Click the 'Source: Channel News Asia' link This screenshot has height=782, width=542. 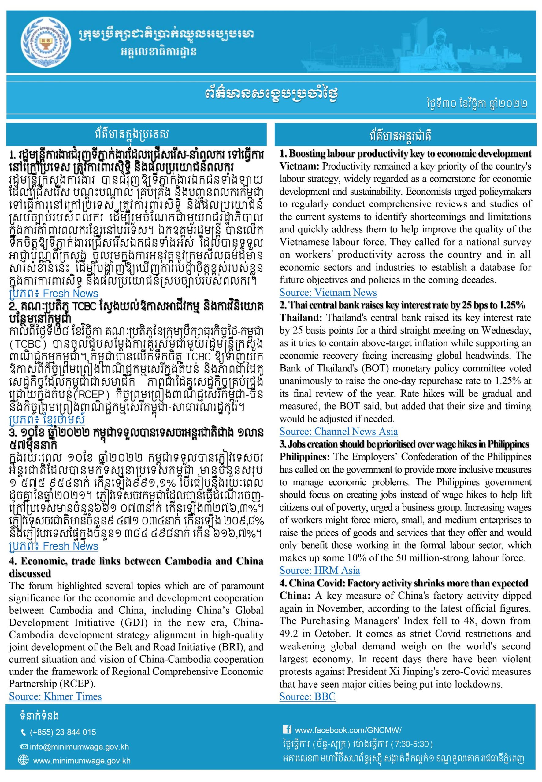point(339,431)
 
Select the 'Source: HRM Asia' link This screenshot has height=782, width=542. point(320,570)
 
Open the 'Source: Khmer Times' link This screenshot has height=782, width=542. point(55,696)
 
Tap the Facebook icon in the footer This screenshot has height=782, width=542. point(287,729)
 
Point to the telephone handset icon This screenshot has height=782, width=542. point(24,733)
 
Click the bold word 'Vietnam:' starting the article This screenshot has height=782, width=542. point(299,166)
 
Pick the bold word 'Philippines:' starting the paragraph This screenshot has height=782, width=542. point(305,457)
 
